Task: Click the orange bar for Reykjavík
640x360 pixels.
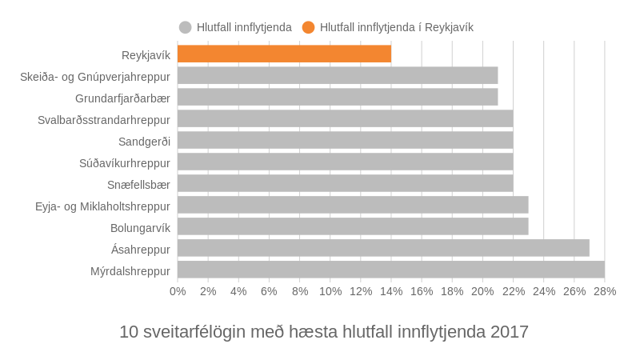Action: pos(284,54)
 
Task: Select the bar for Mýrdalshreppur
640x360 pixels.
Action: pos(390,270)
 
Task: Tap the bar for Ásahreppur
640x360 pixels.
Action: pos(383,248)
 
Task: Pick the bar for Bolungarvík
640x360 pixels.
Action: pos(353,226)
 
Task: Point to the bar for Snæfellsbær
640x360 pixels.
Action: pos(345,183)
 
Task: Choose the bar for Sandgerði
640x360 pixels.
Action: pos(345,140)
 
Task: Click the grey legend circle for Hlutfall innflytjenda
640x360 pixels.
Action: pos(186,27)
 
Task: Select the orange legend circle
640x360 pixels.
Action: pos(309,27)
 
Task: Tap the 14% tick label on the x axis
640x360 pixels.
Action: pos(391,291)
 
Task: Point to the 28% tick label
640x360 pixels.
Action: pos(605,291)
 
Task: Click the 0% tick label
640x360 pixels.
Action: pos(178,291)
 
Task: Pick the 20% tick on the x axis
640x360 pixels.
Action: pos(482,291)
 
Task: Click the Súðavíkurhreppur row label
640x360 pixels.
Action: pos(125,162)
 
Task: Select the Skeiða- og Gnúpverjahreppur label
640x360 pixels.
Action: pos(95,76)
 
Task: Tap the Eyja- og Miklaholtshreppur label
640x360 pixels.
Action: pos(102,206)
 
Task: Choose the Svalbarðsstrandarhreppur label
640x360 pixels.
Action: pos(104,119)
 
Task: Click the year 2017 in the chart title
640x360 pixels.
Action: pos(509,331)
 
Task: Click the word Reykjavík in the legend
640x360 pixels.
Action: pos(449,27)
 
